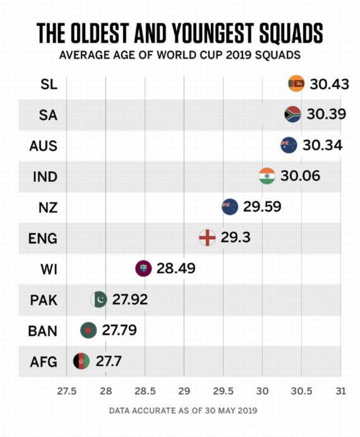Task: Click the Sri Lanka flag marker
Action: [x=296, y=83]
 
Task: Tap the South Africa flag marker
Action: [x=292, y=114]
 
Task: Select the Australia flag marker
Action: [x=289, y=145]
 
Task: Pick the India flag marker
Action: [x=267, y=175]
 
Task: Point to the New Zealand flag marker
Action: [x=230, y=206]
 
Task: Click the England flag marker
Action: [x=207, y=237]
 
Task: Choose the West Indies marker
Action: [x=143, y=268]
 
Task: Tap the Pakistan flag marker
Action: [x=99, y=299]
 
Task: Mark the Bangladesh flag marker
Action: [x=89, y=330]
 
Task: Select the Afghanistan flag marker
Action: [x=81, y=361]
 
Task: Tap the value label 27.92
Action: [x=129, y=299]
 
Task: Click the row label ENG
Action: [x=44, y=238]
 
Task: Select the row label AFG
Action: [x=44, y=362]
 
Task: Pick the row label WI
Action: [x=49, y=269]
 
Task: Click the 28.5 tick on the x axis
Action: [x=144, y=391]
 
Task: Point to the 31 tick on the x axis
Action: [x=340, y=391]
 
